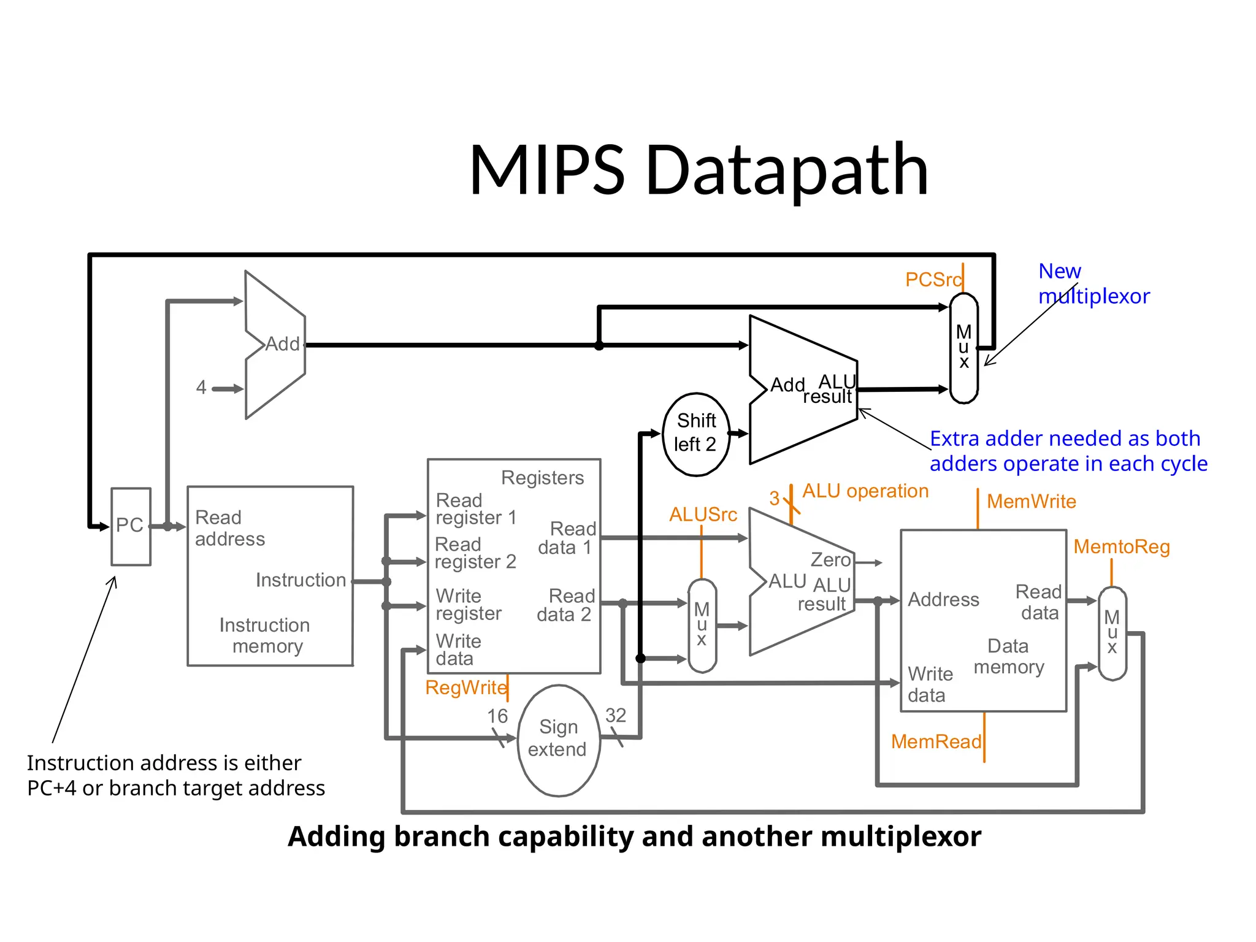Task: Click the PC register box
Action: pyautogui.click(x=131, y=526)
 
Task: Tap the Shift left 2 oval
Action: pyautogui.click(x=696, y=434)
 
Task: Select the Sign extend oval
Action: pyautogui.click(x=558, y=739)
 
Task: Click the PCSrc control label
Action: pyautogui.click(x=933, y=280)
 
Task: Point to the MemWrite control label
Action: pyautogui.click(x=1031, y=502)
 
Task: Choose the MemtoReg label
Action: pyautogui.click(x=1121, y=546)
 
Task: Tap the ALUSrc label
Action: pyautogui.click(x=703, y=515)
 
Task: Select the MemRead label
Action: pyautogui.click(x=936, y=741)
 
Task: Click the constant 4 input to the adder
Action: pyautogui.click(x=201, y=388)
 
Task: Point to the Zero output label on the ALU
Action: pyautogui.click(x=830, y=560)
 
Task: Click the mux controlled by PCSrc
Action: pyautogui.click(x=963, y=348)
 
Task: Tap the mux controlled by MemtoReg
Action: pyautogui.click(x=1112, y=633)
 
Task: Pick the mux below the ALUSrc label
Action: pyautogui.click(x=702, y=625)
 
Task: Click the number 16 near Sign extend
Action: pyautogui.click(x=497, y=716)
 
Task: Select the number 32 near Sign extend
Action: pyautogui.click(x=616, y=715)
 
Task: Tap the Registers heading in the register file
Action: pyautogui.click(x=542, y=478)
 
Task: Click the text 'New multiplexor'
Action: pyautogui.click(x=1093, y=283)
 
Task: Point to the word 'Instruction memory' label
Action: pyautogui.click(x=265, y=635)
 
